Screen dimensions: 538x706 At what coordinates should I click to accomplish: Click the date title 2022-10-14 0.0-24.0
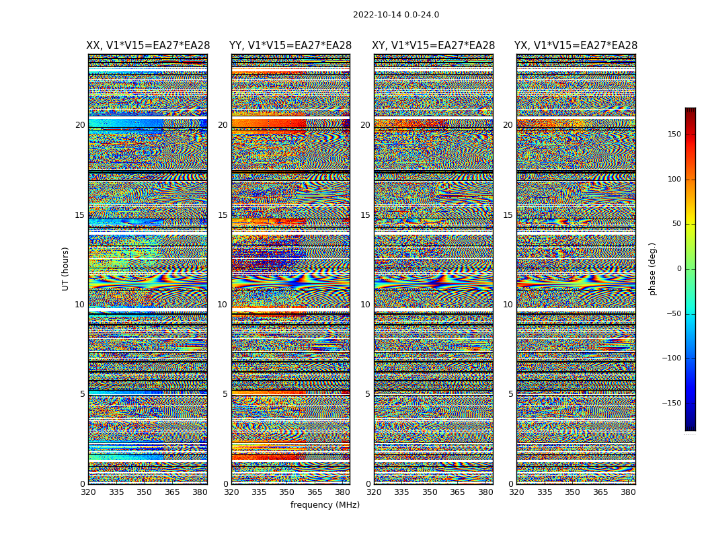pos(396,15)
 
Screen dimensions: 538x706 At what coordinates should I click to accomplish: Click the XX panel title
pos(148,46)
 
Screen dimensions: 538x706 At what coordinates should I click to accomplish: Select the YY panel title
pos(290,46)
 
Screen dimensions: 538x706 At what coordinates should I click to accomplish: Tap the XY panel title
pos(434,46)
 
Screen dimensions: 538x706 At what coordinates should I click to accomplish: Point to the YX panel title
pos(576,46)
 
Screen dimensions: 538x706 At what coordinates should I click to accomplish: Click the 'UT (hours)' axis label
pos(66,268)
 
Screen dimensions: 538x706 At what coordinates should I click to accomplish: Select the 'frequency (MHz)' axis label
pos(325,505)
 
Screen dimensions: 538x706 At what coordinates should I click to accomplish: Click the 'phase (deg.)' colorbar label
pos(652,269)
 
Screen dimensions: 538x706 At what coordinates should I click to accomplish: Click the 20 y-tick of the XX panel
pos(80,125)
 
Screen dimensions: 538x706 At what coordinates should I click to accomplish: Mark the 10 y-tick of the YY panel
pos(223,305)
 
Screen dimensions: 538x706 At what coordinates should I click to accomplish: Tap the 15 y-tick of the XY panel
pos(365,215)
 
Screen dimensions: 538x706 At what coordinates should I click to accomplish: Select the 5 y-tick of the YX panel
pos(510,394)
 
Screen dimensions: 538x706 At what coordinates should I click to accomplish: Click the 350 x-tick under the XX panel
pos(144,492)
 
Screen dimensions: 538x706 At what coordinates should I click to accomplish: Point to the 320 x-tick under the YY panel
pos(231,492)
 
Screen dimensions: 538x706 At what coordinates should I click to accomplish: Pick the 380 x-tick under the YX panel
pos(628,492)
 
